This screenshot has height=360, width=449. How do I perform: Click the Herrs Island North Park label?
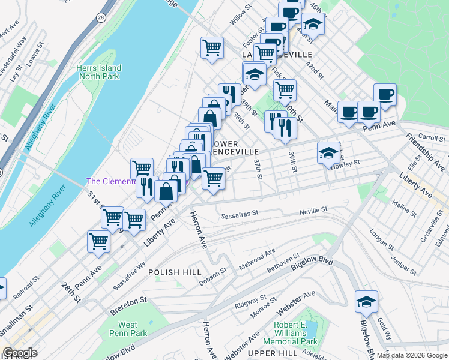[x=98, y=72]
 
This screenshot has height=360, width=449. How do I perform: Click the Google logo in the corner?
[x=20, y=353]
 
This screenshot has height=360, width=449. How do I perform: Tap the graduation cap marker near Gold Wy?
[x=366, y=302]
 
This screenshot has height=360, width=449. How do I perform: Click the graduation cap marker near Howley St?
[x=328, y=154]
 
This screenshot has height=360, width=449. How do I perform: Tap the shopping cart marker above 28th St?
[x=98, y=242]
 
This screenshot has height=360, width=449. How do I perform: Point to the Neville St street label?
[x=315, y=211]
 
